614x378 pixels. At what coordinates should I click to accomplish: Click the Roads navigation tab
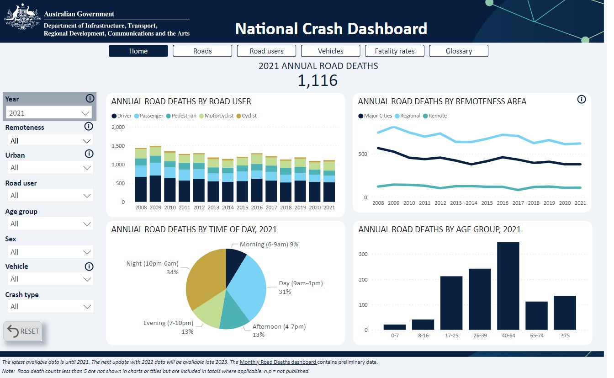coord(202,51)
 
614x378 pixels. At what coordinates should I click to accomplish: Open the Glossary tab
coord(459,51)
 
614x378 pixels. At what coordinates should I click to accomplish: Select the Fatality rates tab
coord(394,51)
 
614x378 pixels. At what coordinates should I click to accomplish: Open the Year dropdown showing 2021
coord(49,113)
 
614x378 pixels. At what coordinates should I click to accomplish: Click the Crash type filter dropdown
coord(50,306)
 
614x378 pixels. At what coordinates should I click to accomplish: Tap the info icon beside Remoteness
coord(89,127)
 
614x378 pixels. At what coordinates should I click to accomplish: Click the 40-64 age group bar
coord(508,286)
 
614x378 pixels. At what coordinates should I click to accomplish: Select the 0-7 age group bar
coord(395,327)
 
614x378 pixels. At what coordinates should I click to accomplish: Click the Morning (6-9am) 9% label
coord(269,245)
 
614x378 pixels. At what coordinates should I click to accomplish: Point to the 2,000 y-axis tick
coord(118,127)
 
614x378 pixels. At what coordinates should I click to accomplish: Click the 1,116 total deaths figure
coord(318,80)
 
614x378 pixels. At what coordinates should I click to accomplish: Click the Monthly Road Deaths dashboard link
coord(278,362)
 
